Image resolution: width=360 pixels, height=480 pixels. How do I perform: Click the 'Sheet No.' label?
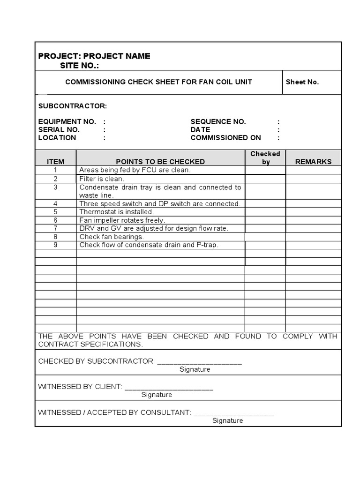302,82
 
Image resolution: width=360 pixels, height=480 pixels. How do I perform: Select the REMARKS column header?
313,162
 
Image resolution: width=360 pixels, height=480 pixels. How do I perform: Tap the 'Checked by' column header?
265,157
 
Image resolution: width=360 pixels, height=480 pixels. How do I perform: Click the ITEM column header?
55,162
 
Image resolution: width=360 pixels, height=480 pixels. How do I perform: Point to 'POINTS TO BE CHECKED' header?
160,162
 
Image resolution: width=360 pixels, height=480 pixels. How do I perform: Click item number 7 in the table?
55,228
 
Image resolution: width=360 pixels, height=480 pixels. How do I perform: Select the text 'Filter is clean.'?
102,179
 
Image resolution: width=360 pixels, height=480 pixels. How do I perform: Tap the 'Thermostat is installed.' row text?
116,212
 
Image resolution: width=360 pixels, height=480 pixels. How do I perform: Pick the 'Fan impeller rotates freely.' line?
122,220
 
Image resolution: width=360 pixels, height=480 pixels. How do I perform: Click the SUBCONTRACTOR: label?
73,106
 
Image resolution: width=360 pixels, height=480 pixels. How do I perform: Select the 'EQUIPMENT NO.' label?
67,121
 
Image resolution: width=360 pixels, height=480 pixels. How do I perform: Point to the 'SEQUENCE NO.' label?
218,121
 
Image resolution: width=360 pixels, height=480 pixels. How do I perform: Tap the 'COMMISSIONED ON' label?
225,138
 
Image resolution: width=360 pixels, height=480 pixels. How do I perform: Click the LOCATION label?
57,138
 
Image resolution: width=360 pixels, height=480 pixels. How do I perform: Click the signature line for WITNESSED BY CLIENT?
169,388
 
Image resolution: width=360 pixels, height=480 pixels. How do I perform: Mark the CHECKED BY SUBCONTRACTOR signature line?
199,362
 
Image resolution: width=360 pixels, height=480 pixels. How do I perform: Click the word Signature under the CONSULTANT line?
227,420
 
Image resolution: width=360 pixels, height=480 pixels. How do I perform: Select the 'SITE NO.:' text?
80,66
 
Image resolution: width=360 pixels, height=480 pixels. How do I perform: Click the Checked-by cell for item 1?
265,170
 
